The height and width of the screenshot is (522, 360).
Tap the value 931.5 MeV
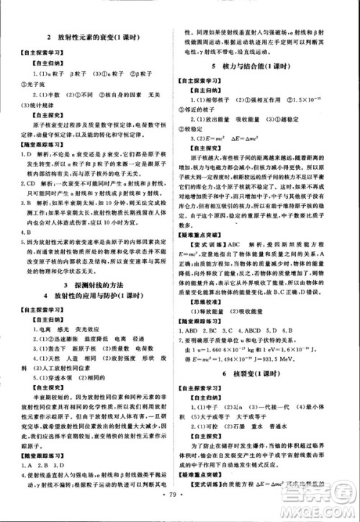pos(309,358)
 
